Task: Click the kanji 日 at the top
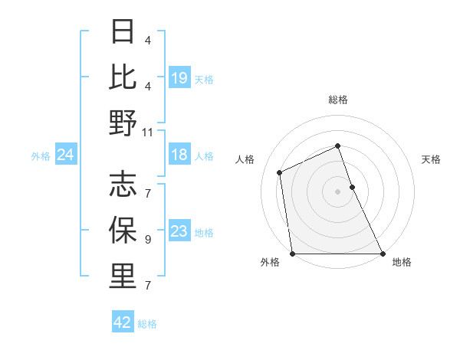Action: coord(123,32)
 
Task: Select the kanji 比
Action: coord(123,77)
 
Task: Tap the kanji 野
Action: coord(123,122)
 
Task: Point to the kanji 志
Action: coord(123,185)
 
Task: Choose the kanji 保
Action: coord(123,230)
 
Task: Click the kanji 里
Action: coord(123,277)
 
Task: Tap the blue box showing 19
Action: coord(179,77)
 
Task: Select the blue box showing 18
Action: coord(179,155)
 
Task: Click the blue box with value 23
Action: coord(179,231)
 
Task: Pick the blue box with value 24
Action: coord(66,155)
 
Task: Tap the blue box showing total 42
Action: coord(123,322)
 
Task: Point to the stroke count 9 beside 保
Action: coord(147,239)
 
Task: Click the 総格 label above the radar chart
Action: coord(337,100)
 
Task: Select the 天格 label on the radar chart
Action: coord(432,159)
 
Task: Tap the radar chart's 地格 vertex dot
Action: coord(383,254)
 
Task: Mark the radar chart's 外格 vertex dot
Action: coord(292,254)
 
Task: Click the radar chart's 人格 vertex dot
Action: coord(280,172)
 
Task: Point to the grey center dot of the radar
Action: coord(337,191)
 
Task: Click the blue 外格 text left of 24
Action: coord(41,155)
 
